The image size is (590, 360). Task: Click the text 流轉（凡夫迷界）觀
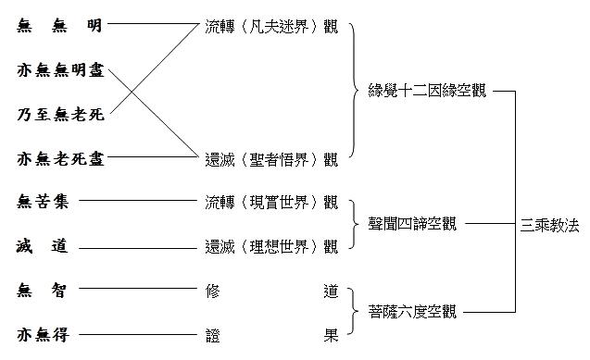[x=270, y=26]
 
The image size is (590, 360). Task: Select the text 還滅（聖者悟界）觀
[x=270, y=159]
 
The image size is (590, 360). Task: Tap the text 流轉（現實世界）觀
[x=270, y=202]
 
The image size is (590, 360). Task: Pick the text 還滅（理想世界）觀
[x=270, y=245]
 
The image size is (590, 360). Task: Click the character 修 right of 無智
[x=212, y=290]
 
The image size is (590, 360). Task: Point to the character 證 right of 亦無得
[x=212, y=334]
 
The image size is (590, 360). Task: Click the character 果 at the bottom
[x=330, y=334]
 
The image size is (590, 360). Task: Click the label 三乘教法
[x=550, y=224]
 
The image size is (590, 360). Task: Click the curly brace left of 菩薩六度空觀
[x=356, y=312]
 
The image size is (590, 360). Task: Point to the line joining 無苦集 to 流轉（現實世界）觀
[x=144, y=201]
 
